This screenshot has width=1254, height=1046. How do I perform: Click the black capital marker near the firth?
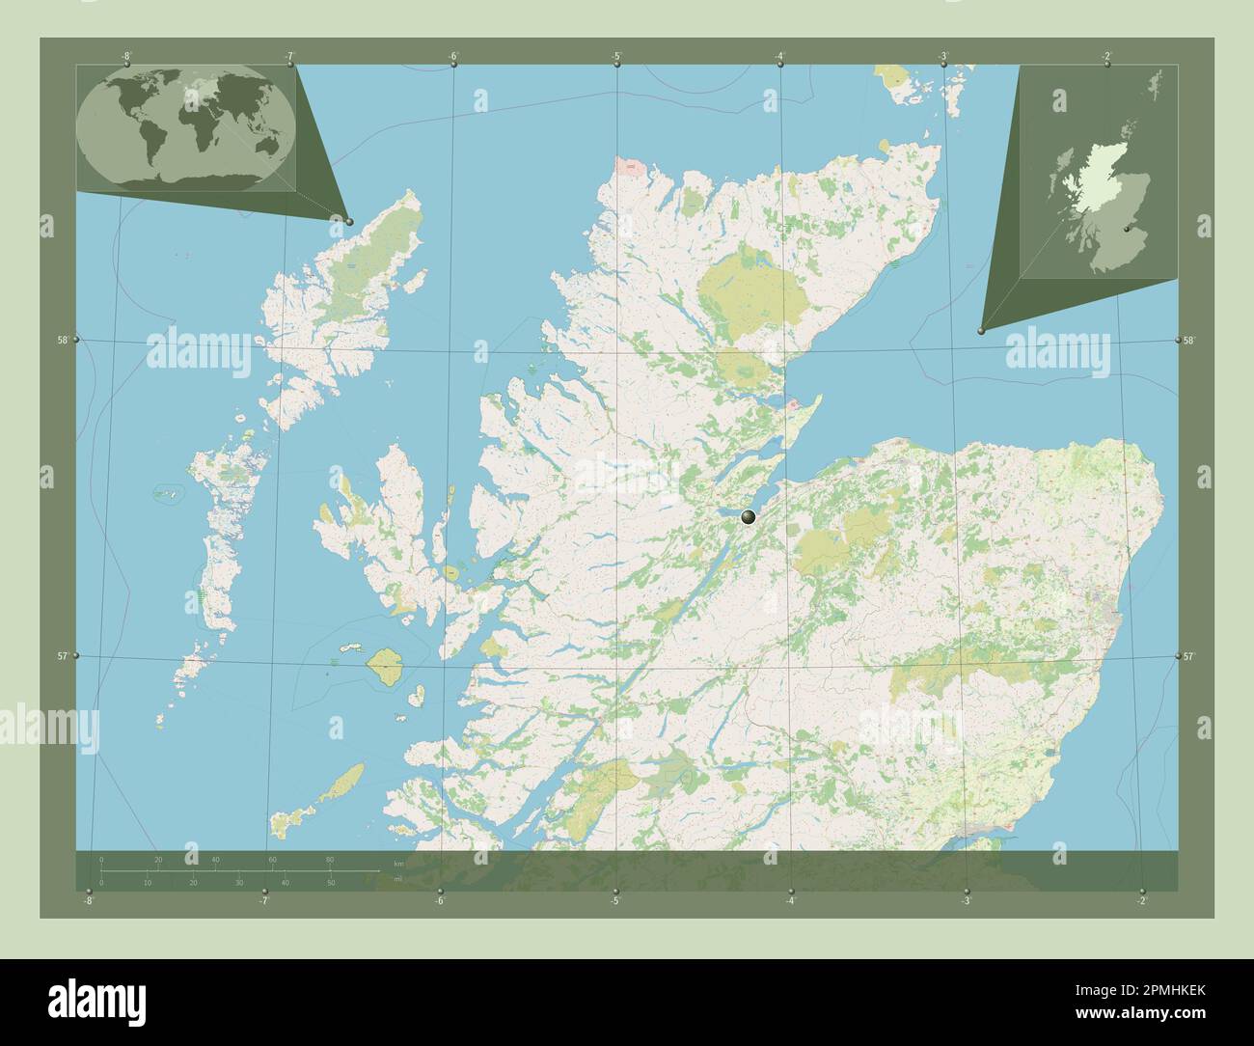[748, 518]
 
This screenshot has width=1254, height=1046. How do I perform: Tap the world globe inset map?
[185, 127]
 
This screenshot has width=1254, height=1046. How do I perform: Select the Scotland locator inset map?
[1099, 173]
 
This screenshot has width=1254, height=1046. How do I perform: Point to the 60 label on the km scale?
[273, 860]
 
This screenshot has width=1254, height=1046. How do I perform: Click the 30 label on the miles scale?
[238, 882]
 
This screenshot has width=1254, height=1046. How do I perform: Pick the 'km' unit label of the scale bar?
[398, 862]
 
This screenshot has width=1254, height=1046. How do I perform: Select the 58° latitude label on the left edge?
[63, 340]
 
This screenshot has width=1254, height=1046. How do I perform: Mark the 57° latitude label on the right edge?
[1188, 656]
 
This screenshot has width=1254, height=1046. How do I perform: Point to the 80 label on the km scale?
[330, 860]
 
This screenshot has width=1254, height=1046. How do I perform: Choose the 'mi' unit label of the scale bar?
[397, 879]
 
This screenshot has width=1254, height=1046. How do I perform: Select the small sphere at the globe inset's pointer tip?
[349, 221]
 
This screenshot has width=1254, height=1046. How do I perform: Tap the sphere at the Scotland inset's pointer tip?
[981, 331]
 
